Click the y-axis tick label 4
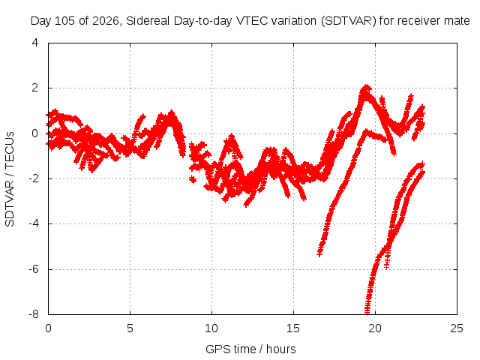pos(35,43)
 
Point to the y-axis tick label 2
pos(35,88)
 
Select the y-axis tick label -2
pos(34,178)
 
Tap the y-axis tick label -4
pos(34,223)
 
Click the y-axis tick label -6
pos(34,269)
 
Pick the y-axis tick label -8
pos(34,314)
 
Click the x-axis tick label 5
pos(130,328)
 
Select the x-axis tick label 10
pos(211,328)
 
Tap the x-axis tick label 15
pos(293,328)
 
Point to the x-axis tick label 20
pos(375,328)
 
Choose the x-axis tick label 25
pos(457,328)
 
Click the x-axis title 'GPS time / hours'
pos(250,349)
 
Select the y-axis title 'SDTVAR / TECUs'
pos(10,179)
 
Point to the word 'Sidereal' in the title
pos(148,21)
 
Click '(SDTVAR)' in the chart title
pos(349,21)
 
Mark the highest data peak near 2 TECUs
pos(366,87)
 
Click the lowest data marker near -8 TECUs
pos(367,312)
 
